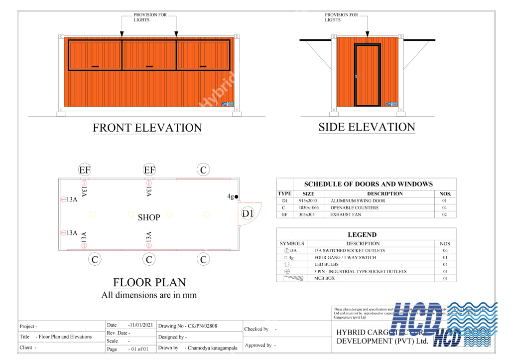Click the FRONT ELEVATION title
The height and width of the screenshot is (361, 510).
pyautogui.click(x=147, y=128)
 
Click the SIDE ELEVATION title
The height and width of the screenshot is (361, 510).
pyautogui.click(x=367, y=127)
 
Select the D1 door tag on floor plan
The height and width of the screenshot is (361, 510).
pyautogui.click(x=248, y=214)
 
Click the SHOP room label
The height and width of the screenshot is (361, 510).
pyautogui.click(x=149, y=217)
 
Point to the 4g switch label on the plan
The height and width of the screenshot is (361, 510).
pyautogui.click(x=230, y=197)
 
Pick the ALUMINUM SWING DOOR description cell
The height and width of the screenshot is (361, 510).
pyautogui.click(x=358, y=201)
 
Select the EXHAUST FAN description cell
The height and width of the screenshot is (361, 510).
pyautogui.click(x=346, y=215)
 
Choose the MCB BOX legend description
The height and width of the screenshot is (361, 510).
pyautogui.click(x=324, y=279)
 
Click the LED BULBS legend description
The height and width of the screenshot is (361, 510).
pyautogui.click(x=326, y=265)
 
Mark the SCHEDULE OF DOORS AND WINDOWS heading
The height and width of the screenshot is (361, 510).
pyautogui.click(x=368, y=184)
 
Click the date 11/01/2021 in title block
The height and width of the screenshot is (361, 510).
pyautogui.click(x=140, y=325)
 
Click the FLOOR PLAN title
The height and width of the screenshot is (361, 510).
pyautogui.click(x=149, y=283)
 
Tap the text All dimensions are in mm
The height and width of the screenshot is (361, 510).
pyautogui.click(x=149, y=295)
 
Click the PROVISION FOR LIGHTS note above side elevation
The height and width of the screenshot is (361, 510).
pyautogui.click(x=341, y=17)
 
